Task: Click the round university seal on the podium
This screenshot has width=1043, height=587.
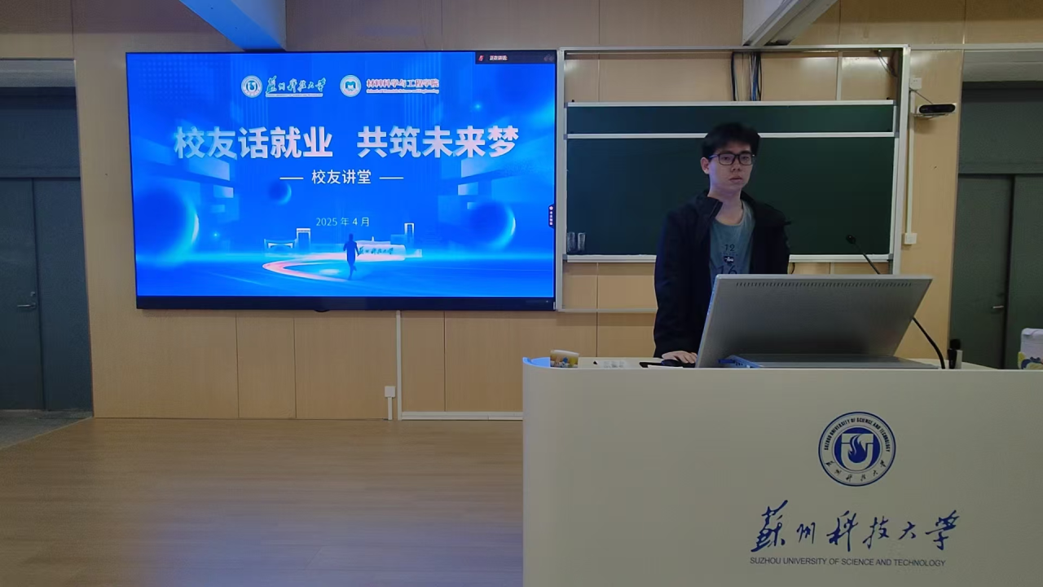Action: coord(856,448)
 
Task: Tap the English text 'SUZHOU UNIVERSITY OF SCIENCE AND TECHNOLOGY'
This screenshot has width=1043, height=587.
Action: coord(847,563)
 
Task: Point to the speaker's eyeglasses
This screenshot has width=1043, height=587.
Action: coord(731,159)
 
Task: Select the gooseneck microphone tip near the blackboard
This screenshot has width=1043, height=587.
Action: coord(851,240)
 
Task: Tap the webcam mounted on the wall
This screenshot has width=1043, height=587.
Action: coord(936,108)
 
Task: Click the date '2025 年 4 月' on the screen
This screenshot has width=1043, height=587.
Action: coord(343,222)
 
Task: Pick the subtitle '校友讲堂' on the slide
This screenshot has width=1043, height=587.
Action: coord(341,177)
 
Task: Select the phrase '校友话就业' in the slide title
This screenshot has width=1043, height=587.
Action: coord(253,143)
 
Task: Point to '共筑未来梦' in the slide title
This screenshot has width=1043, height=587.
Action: coord(438,143)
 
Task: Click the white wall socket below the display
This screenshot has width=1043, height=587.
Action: coord(389,391)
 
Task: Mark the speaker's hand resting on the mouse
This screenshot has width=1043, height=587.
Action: coord(679,357)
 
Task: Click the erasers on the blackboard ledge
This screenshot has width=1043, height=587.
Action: coord(575,243)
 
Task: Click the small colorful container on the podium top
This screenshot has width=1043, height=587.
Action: coord(564,358)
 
